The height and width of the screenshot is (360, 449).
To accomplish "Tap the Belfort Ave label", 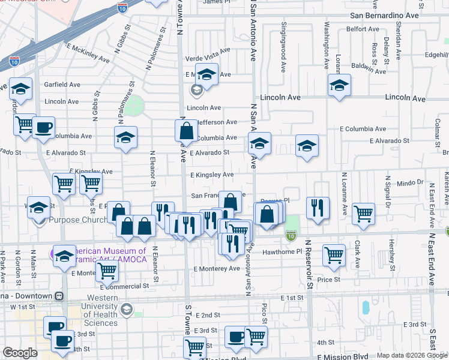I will tap(363, 29).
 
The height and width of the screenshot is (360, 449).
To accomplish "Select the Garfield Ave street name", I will tap(62, 85).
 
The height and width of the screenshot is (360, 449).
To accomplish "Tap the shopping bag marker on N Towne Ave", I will tap(187, 130).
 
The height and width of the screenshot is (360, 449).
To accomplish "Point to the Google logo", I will tap(20, 353).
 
